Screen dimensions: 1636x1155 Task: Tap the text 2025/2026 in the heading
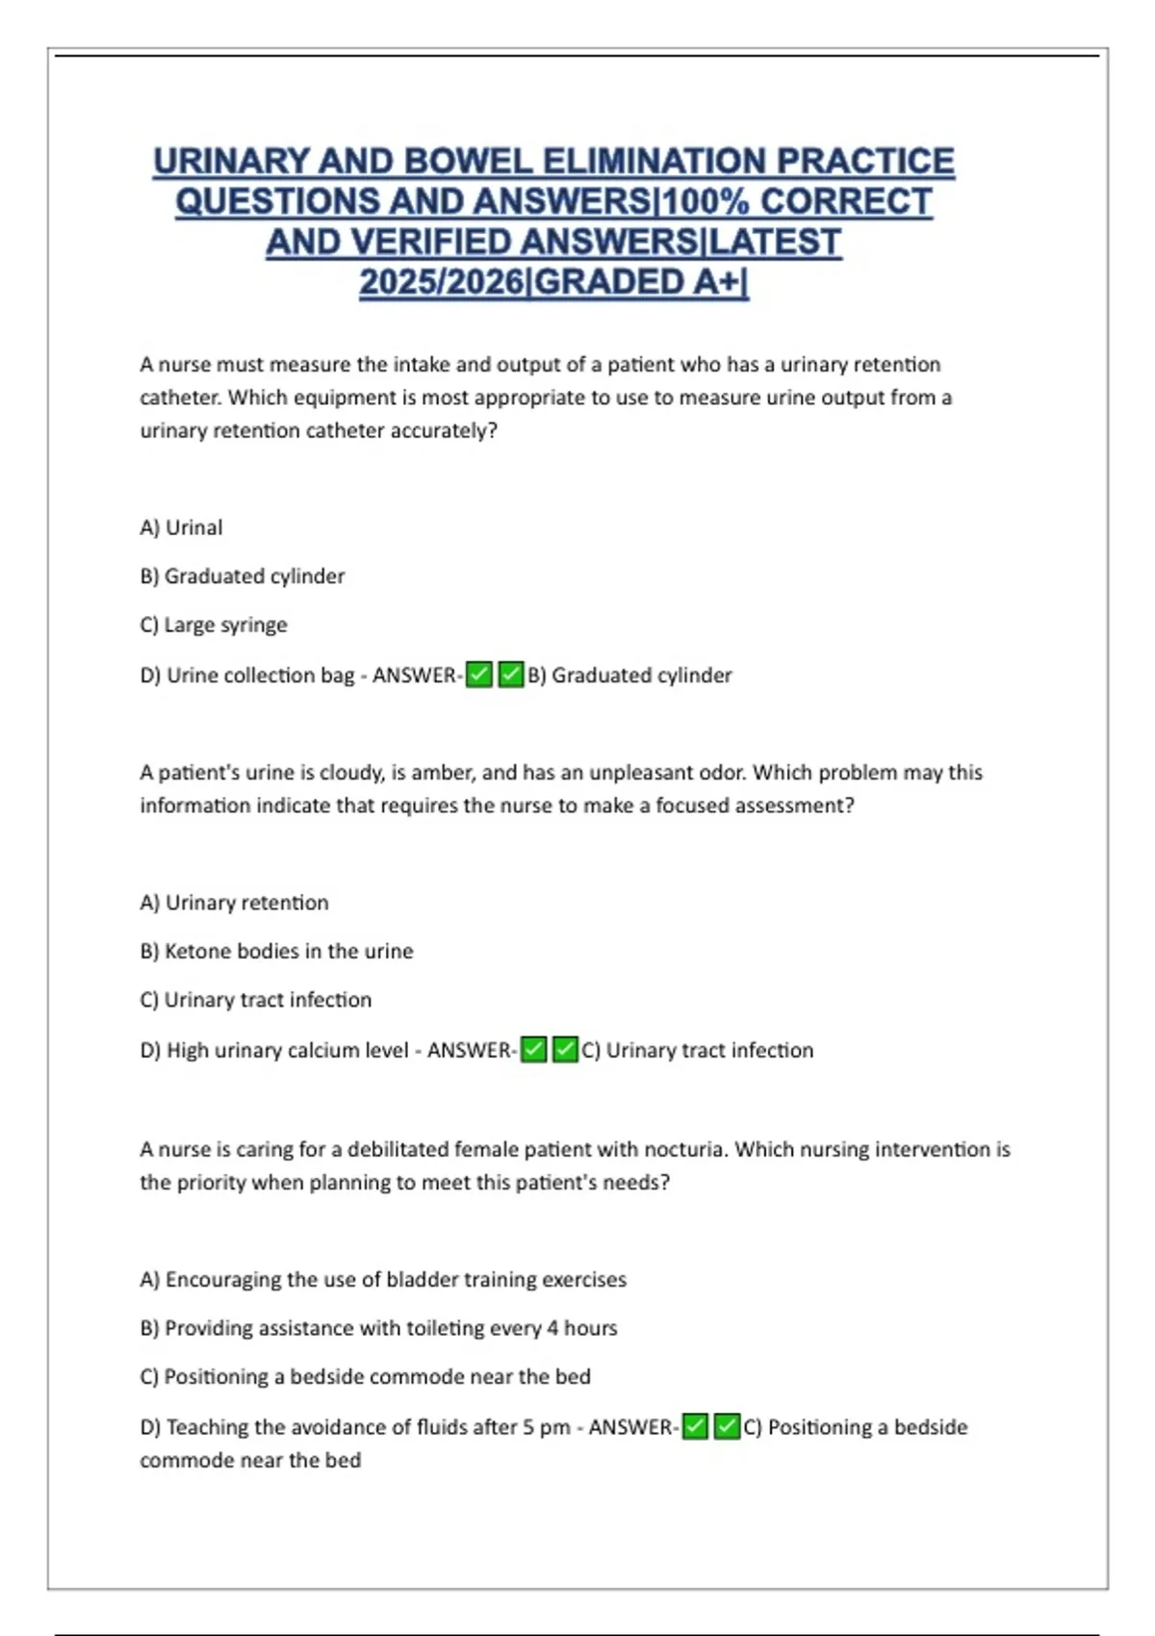pyautogui.click(x=443, y=282)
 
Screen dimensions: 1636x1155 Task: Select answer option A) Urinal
pyautogui.click(x=181, y=527)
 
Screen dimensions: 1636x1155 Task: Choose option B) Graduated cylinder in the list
pyautogui.click(x=242, y=575)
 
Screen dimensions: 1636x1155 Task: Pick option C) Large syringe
pyautogui.click(x=213, y=625)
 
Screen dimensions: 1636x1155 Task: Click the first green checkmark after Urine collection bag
pyautogui.click(x=478, y=675)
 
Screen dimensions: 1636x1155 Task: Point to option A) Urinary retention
pyautogui.click(x=234, y=902)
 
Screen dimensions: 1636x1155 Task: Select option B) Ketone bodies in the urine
pyautogui.click(x=276, y=951)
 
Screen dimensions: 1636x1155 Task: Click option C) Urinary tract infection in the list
pyautogui.click(x=255, y=1000)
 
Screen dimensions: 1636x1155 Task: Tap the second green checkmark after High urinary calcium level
pyautogui.click(x=566, y=1049)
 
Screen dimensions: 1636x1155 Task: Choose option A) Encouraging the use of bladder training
pyautogui.click(x=382, y=1279)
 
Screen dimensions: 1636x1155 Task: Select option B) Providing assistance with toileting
pyautogui.click(x=378, y=1328)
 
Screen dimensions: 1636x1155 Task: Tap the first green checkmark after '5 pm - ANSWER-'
pyautogui.click(x=695, y=1426)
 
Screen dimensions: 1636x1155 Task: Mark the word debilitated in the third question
pyautogui.click(x=398, y=1149)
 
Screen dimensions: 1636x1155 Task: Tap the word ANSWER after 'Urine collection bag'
pyautogui.click(x=415, y=676)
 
